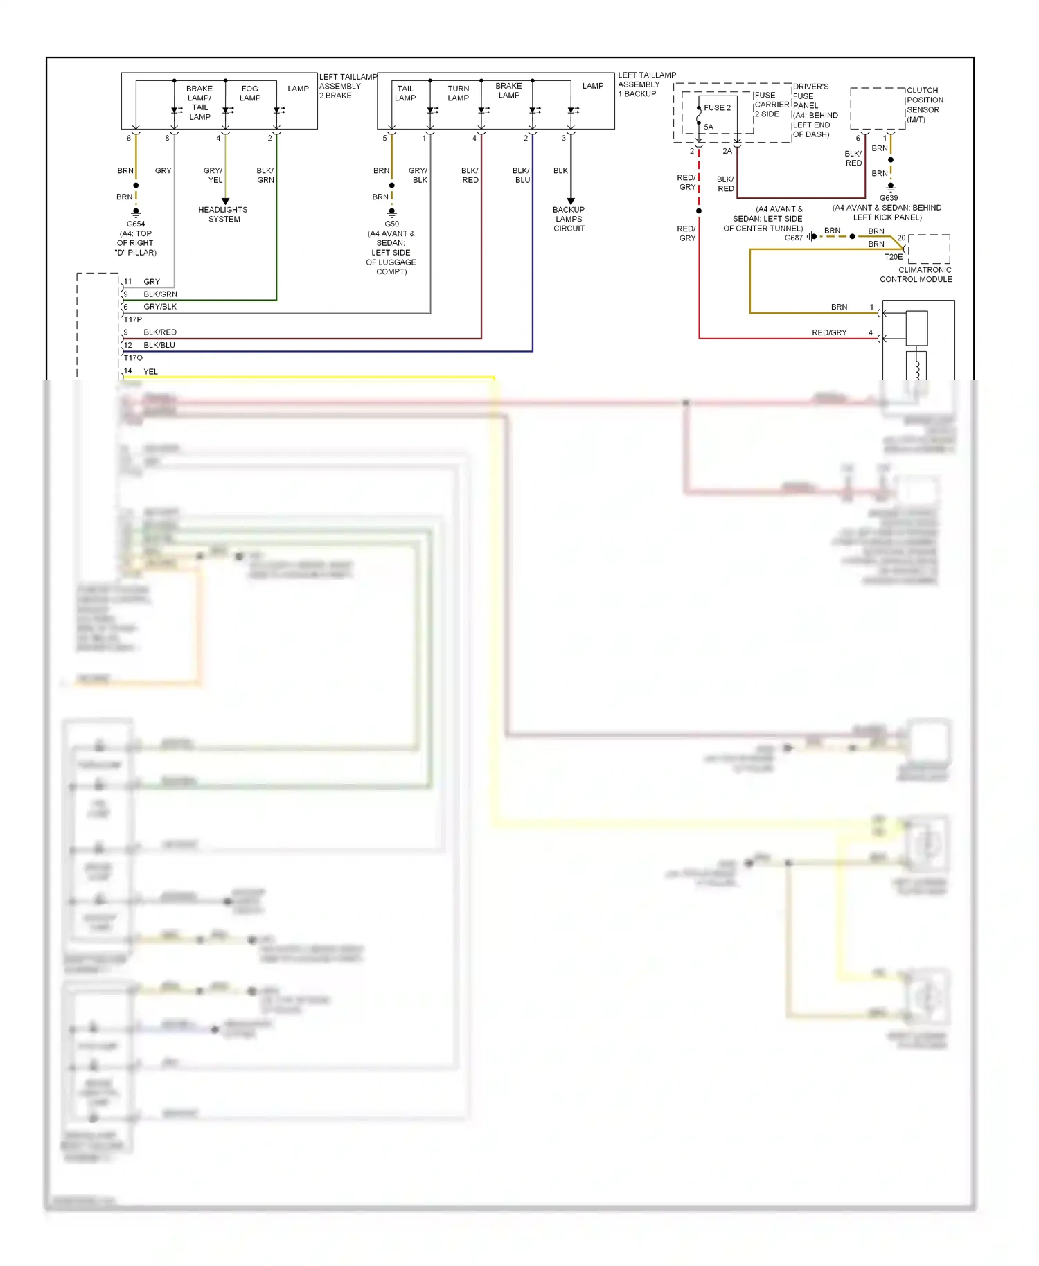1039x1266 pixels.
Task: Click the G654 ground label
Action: pyautogui.click(x=136, y=224)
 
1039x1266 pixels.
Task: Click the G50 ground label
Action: pyautogui.click(x=391, y=224)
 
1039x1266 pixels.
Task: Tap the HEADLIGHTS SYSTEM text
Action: pyautogui.click(x=223, y=214)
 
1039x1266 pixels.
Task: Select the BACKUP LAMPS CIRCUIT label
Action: pyautogui.click(x=569, y=219)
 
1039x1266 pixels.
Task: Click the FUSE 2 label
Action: pyautogui.click(x=717, y=107)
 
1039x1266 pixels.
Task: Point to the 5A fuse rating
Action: pyautogui.click(x=709, y=127)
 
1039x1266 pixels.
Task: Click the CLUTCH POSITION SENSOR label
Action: pyautogui.click(x=924, y=105)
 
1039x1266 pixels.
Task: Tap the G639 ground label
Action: pyautogui.click(x=888, y=198)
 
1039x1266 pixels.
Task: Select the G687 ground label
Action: pyautogui.click(x=793, y=238)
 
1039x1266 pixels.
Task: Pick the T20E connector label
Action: pyautogui.click(x=893, y=257)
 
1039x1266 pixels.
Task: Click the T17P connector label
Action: pyautogui.click(x=133, y=319)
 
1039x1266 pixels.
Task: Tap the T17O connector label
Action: pyautogui.click(x=133, y=358)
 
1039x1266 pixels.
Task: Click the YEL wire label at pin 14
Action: pyautogui.click(x=150, y=372)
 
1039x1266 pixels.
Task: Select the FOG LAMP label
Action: pyautogui.click(x=250, y=93)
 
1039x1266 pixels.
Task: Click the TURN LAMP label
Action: pyautogui.click(x=458, y=93)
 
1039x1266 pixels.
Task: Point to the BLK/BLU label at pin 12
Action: pyautogui.click(x=159, y=345)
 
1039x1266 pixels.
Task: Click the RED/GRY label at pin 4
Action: pyautogui.click(x=829, y=332)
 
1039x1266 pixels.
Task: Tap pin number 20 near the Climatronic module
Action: pyautogui.click(x=901, y=238)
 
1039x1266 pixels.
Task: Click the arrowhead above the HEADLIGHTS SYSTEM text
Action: pyautogui.click(x=225, y=201)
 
